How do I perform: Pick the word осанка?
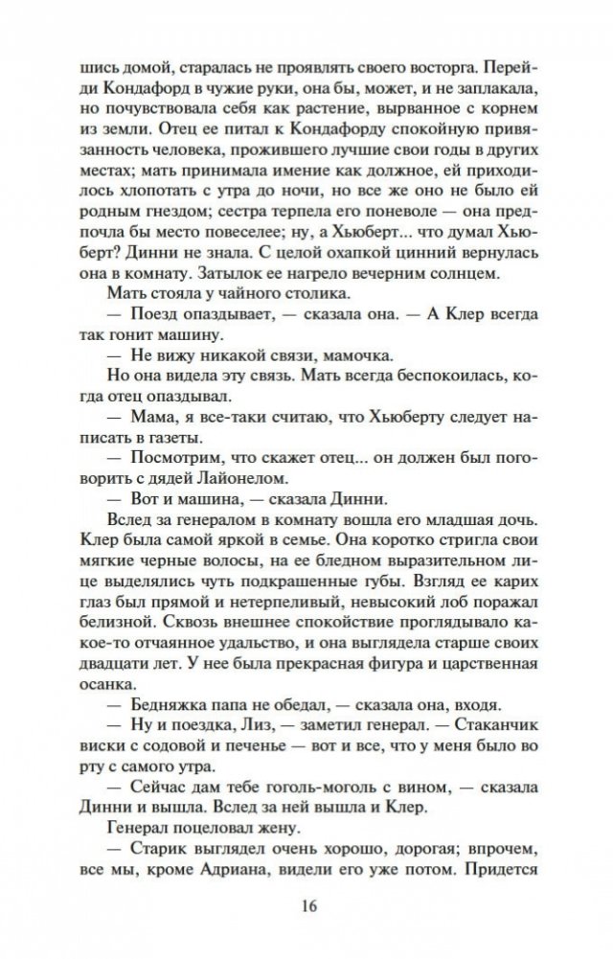pyautogui.click(x=103, y=683)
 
